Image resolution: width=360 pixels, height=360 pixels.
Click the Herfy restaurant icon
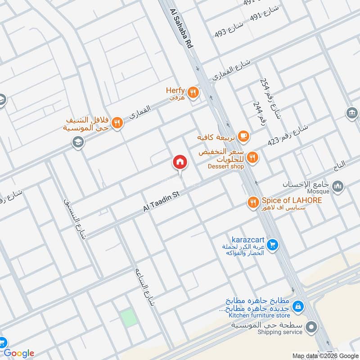click(193, 92)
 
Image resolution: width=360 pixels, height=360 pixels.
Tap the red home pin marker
click(180, 162)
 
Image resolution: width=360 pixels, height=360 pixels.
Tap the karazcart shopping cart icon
click(272, 245)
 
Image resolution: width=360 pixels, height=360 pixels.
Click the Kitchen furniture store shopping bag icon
click(297, 306)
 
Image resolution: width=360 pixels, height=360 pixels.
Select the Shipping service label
click(280, 332)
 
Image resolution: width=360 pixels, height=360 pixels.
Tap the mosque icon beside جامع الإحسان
click(338, 186)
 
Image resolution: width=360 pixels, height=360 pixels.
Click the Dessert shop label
click(225, 166)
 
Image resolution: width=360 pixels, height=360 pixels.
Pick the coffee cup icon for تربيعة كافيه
click(243, 135)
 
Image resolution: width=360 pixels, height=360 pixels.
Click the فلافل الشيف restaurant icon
click(117, 123)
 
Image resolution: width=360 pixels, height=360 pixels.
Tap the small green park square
click(129, 318)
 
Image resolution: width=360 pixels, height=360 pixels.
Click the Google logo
click(19, 353)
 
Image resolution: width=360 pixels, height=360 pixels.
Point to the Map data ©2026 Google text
click(325, 355)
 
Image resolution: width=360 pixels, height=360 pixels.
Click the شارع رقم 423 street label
click(294, 135)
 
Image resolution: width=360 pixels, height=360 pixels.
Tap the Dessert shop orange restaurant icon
click(253, 157)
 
